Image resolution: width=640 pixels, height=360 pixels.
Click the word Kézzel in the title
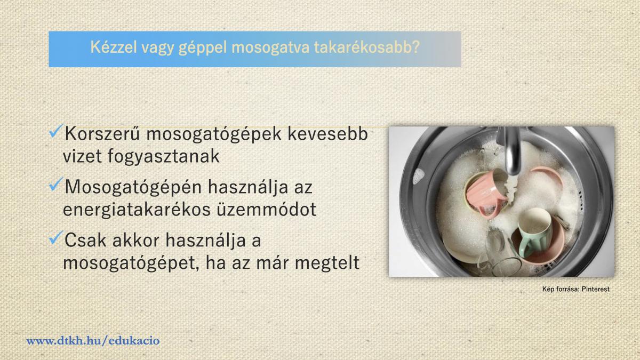pos(114,47)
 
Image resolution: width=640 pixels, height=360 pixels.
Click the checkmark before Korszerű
pos(56,131)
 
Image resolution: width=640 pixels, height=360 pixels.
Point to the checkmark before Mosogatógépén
pos(56,185)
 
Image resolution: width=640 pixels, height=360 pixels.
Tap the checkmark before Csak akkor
pos(56,237)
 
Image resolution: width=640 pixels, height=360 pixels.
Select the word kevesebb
pos(327,133)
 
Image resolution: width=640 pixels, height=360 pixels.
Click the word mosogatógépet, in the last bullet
pos(131,263)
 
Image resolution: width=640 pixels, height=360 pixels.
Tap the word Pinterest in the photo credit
pos(595,289)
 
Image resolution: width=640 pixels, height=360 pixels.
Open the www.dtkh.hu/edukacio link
pos(93,341)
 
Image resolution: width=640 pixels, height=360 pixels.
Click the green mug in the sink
pos(534,231)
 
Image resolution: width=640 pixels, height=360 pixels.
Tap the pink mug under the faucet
pos(485,192)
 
